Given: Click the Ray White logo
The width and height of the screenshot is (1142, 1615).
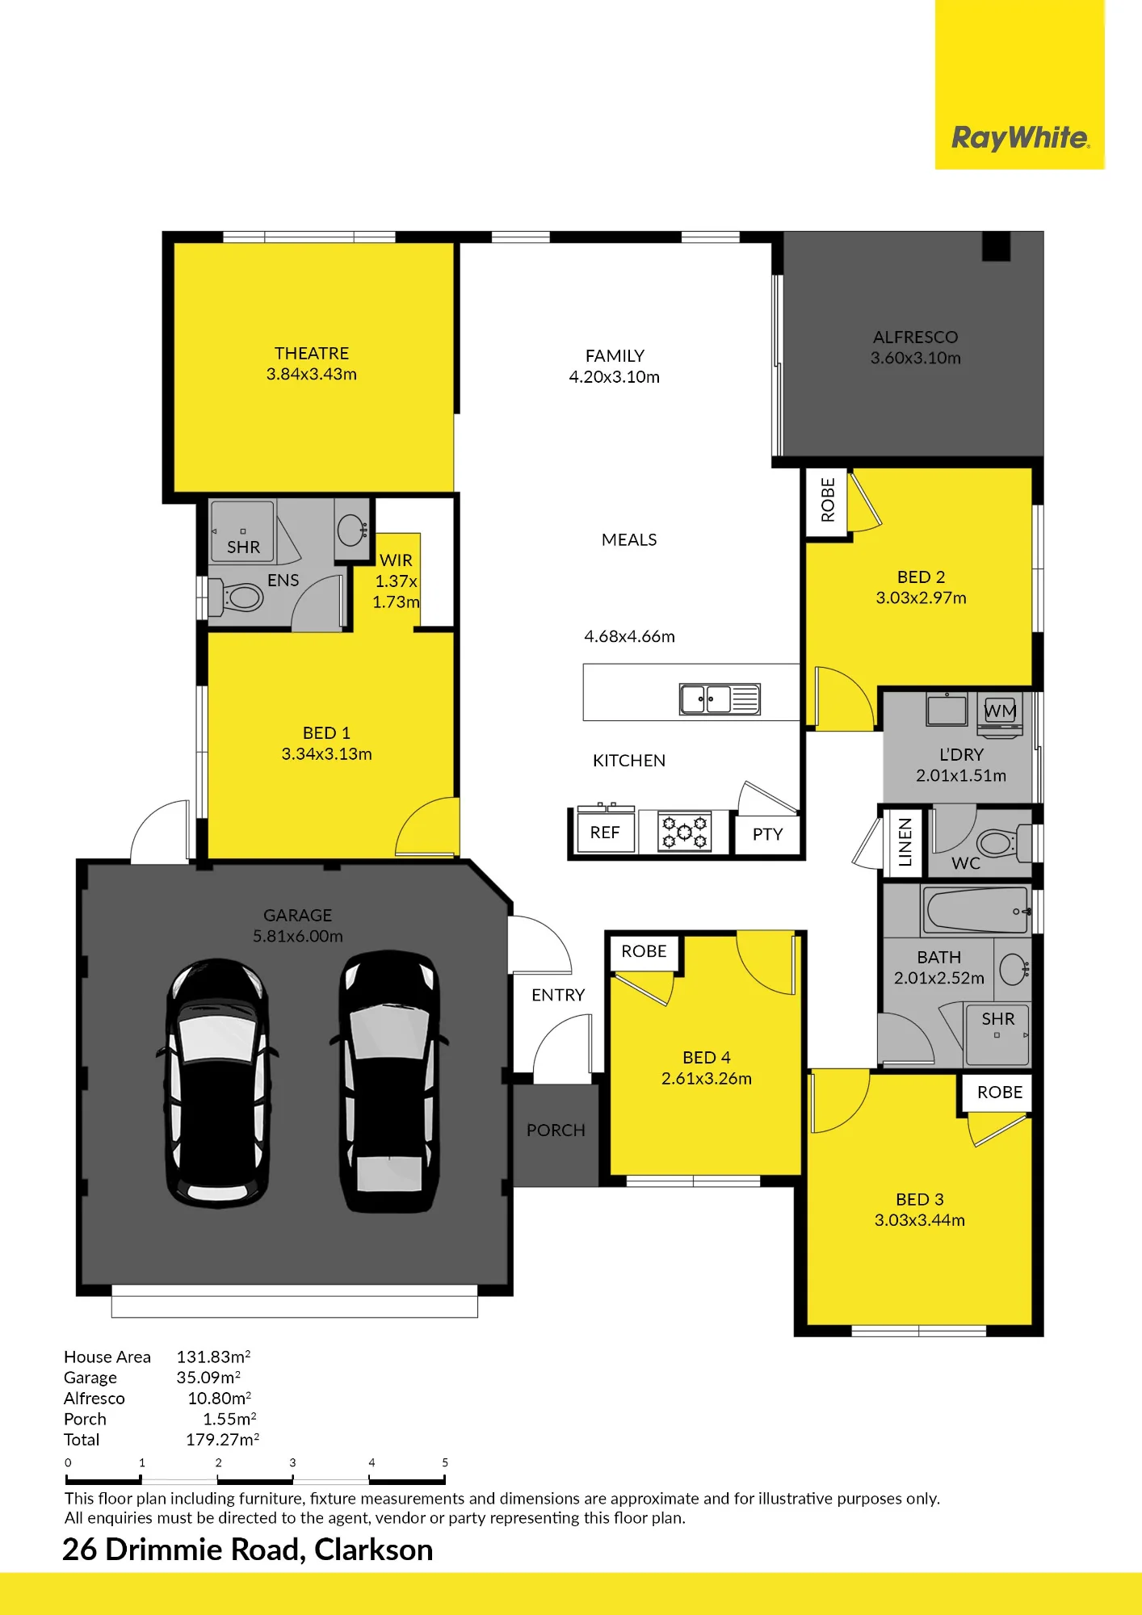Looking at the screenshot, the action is (x=1020, y=138).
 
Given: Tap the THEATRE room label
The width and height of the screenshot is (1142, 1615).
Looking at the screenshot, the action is (x=312, y=354).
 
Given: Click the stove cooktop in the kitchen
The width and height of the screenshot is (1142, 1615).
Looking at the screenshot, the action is (x=685, y=832).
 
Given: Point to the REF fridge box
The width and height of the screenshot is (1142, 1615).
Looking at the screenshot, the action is (x=605, y=832).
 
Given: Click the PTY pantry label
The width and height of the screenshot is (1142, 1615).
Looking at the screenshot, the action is (x=767, y=834).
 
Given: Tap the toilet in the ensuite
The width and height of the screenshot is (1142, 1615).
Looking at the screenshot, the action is (x=237, y=598).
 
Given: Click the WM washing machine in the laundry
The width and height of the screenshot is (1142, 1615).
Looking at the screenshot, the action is (x=1000, y=715).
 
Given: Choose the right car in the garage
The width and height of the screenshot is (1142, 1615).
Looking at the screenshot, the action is (x=388, y=1082).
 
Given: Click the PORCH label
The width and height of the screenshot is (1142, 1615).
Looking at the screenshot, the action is (x=556, y=1130).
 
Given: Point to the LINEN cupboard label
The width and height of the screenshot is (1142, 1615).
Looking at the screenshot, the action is (x=905, y=842).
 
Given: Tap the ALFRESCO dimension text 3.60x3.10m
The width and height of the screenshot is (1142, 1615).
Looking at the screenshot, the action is (x=916, y=359).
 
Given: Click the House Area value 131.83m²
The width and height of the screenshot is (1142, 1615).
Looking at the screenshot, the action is (x=214, y=1357).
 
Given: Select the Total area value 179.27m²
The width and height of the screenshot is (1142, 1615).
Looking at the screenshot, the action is (x=223, y=1440).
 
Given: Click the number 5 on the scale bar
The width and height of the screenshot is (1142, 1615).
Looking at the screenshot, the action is (x=445, y=1462).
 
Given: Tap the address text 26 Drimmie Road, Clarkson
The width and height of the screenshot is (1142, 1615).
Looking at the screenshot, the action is (x=248, y=1550).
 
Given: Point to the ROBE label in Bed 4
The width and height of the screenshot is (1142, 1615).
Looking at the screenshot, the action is (x=644, y=951).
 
